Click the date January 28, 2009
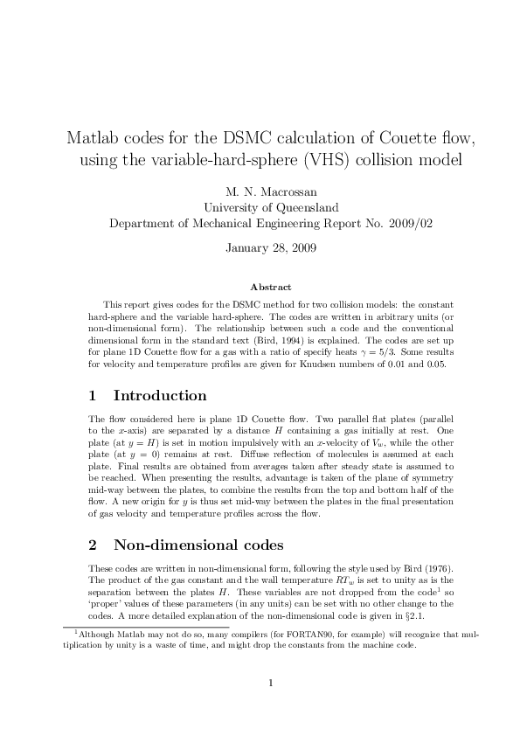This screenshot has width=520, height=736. pos(259,246)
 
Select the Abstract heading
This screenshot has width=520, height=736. pos(270,287)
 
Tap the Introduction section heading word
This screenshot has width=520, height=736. pos(160,396)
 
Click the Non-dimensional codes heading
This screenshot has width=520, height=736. pos(198,545)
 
